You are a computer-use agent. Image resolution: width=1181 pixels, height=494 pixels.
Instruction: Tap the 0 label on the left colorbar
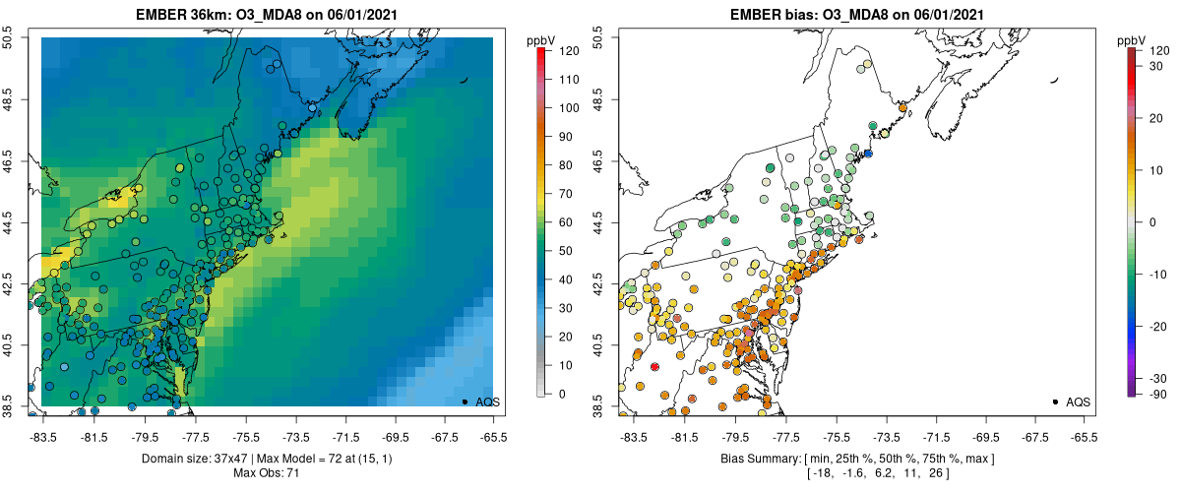click(x=562, y=394)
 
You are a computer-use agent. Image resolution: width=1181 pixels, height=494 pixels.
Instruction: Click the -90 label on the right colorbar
click(x=1159, y=394)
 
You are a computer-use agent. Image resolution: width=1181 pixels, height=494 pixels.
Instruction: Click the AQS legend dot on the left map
click(x=464, y=401)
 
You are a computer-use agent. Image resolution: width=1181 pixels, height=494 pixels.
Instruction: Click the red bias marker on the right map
click(x=654, y=366)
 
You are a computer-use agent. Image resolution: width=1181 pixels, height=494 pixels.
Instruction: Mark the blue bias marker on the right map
click(x=868, y=154)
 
